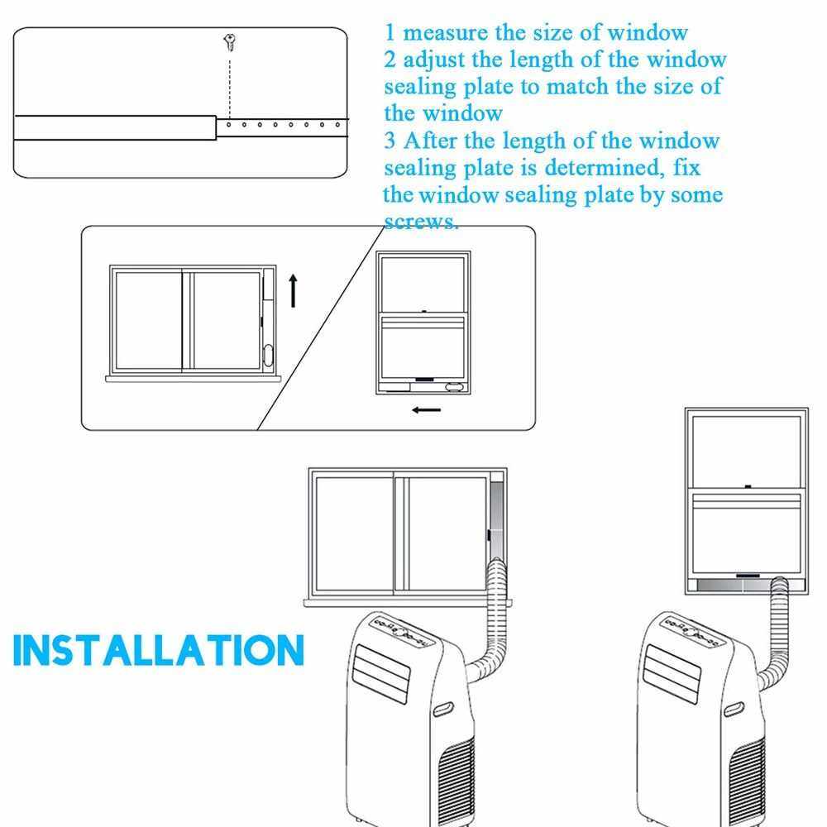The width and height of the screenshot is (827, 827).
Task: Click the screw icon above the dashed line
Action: coord(229,42)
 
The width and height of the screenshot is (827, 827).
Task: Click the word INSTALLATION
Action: coord(159,650)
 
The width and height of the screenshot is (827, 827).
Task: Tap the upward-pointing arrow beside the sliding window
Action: coord(294,290)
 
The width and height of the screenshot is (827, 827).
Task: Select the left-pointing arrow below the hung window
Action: coord(426,410)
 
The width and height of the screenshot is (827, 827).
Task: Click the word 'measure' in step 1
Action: coord(445,33)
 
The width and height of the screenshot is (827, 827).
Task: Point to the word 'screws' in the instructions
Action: coord(418,222)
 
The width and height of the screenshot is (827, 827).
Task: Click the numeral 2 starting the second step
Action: coord(390,60)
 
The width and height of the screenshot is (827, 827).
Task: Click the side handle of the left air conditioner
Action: coord(443,709)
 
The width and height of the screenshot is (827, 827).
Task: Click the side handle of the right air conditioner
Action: coord(734,709)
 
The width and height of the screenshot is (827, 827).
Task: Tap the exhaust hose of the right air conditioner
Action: coord(777,633)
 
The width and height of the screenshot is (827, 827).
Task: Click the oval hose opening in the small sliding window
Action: coord(268,355)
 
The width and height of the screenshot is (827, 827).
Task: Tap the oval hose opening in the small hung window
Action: coord(454,387)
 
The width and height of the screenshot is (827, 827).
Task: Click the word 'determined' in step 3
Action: coord(605,168)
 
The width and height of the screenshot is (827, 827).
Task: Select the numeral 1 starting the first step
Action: coord(390,33)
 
